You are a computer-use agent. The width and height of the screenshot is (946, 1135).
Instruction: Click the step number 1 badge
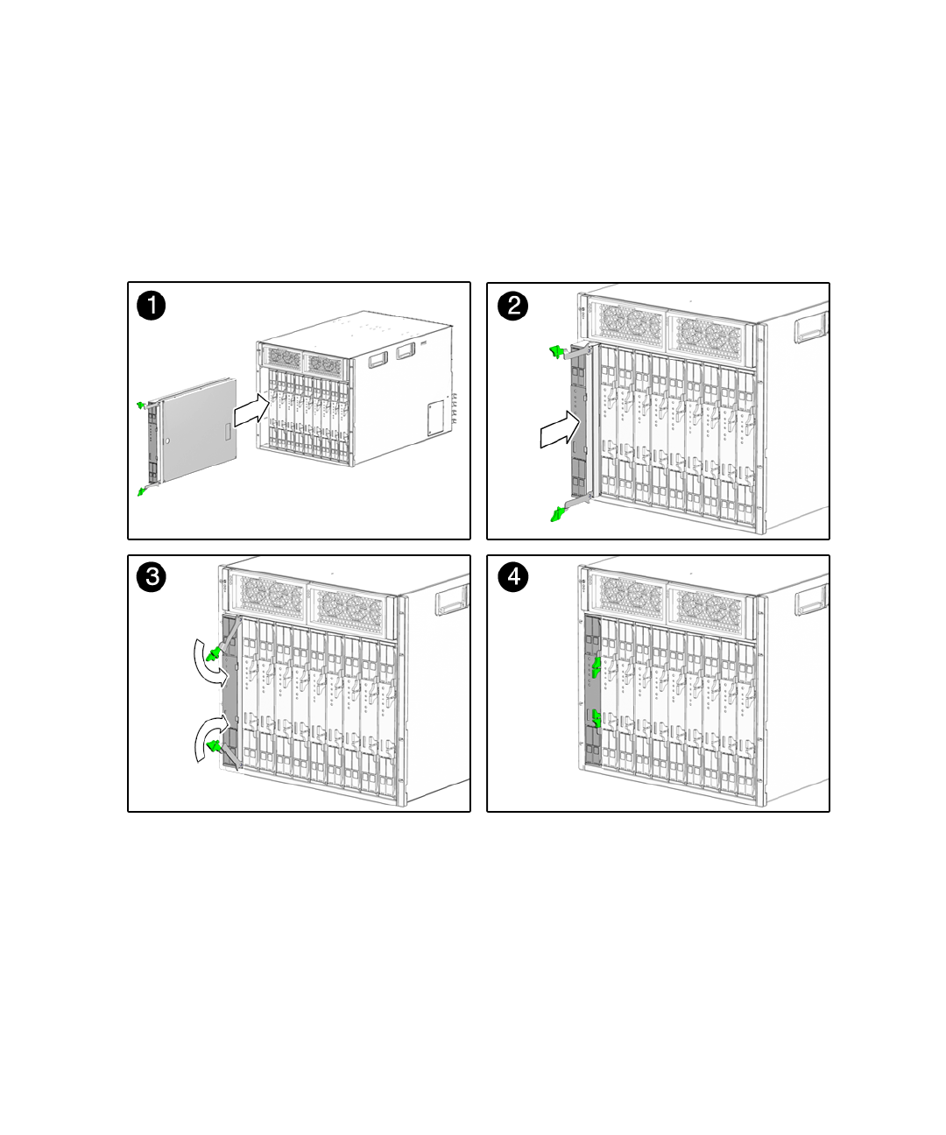152,307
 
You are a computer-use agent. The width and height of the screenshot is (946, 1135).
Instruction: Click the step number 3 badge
152,577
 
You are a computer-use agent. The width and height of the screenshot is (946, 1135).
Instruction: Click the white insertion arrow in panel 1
251,411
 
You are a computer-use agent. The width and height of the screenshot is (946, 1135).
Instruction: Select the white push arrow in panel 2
560,431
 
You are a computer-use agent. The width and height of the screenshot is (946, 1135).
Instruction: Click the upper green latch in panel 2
554,352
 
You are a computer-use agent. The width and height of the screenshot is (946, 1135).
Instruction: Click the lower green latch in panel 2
555,514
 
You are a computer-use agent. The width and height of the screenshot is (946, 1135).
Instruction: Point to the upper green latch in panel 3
212,652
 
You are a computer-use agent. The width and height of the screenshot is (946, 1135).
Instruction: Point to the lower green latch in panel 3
213,746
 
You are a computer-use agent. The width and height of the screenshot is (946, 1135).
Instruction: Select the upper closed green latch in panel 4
597,668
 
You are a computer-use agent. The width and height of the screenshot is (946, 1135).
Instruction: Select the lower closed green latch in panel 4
597,718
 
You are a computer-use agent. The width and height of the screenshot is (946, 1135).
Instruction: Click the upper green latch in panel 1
141,404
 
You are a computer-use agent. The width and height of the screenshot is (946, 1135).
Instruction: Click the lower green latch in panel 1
141,492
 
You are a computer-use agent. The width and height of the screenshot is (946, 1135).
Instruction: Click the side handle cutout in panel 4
811,600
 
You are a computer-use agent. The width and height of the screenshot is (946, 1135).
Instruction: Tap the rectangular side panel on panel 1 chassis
435,418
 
